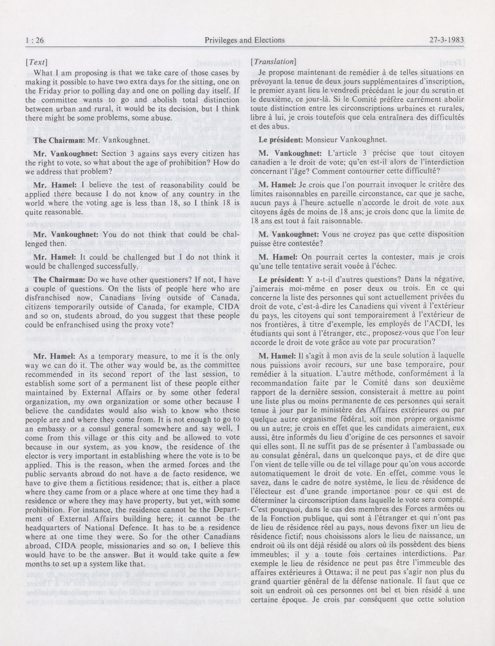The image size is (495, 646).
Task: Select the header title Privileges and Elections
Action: point(245,40)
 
